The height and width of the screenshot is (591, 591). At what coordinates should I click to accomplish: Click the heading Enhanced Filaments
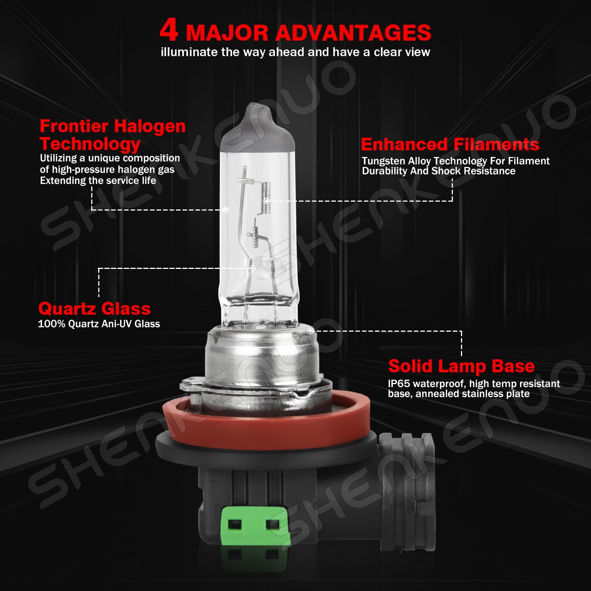450,144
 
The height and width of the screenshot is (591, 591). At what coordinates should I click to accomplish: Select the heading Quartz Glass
94,308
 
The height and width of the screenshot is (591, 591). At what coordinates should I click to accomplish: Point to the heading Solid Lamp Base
461,366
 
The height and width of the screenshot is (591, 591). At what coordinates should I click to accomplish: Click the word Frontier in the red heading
74,126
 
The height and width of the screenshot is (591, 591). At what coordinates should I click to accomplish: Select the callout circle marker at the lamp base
310,331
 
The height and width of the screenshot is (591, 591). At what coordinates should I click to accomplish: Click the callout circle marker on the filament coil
267,201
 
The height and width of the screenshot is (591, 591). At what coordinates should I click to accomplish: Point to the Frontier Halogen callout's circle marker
226,210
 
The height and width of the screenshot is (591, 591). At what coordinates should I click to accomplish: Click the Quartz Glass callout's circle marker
252,268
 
